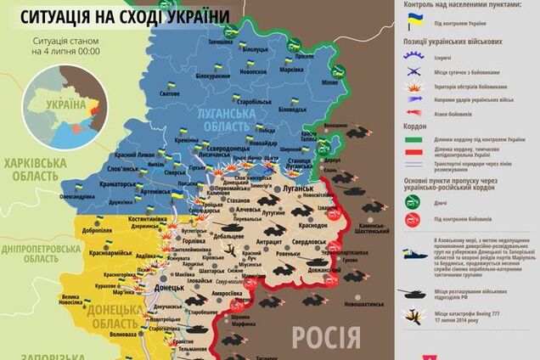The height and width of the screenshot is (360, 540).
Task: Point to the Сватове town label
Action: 169,93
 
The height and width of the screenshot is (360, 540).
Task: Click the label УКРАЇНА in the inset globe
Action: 65,106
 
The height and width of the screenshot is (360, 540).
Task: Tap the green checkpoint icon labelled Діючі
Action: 413,200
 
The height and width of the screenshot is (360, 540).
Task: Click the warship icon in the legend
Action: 413,254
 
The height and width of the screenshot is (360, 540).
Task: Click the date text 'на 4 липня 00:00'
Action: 66,51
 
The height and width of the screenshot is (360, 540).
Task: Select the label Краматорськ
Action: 118,183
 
